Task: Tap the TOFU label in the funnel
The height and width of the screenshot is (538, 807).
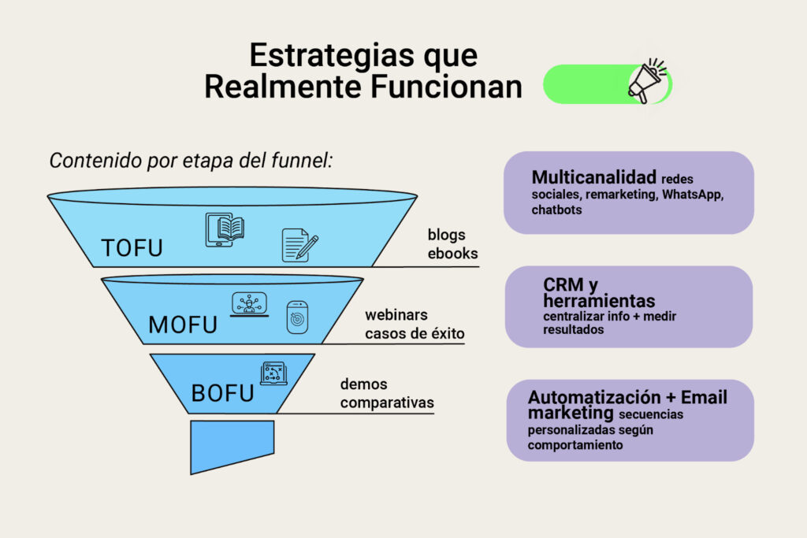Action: pyautogui.click(x=132, y=247)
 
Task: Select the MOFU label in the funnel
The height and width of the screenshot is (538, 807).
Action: pyautogui.click(x=182, y=324)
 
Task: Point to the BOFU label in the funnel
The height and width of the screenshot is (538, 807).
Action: pyautogui.click(x=222, y=393)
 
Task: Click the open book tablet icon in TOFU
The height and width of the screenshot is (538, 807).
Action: pyautogui.click(x=225, y=229)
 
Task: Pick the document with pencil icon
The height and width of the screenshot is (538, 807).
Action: pyautogui.click(x=299, y=245)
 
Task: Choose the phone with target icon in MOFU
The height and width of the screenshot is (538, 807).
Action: pyautogui.click(x=296, y=317)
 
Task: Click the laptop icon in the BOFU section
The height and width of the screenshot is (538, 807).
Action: pyautogui.click(x=273, y=373)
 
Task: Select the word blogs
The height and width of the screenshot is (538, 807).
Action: pyautogui.click(x=447, y=235)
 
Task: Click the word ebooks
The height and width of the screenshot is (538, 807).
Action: pyautogui.click(x=452, y=254)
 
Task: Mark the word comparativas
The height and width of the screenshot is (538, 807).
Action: pyautogui.click(x=387, y=403)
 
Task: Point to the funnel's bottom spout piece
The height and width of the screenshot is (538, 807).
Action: pyautogui.click(x=232, y=444)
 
